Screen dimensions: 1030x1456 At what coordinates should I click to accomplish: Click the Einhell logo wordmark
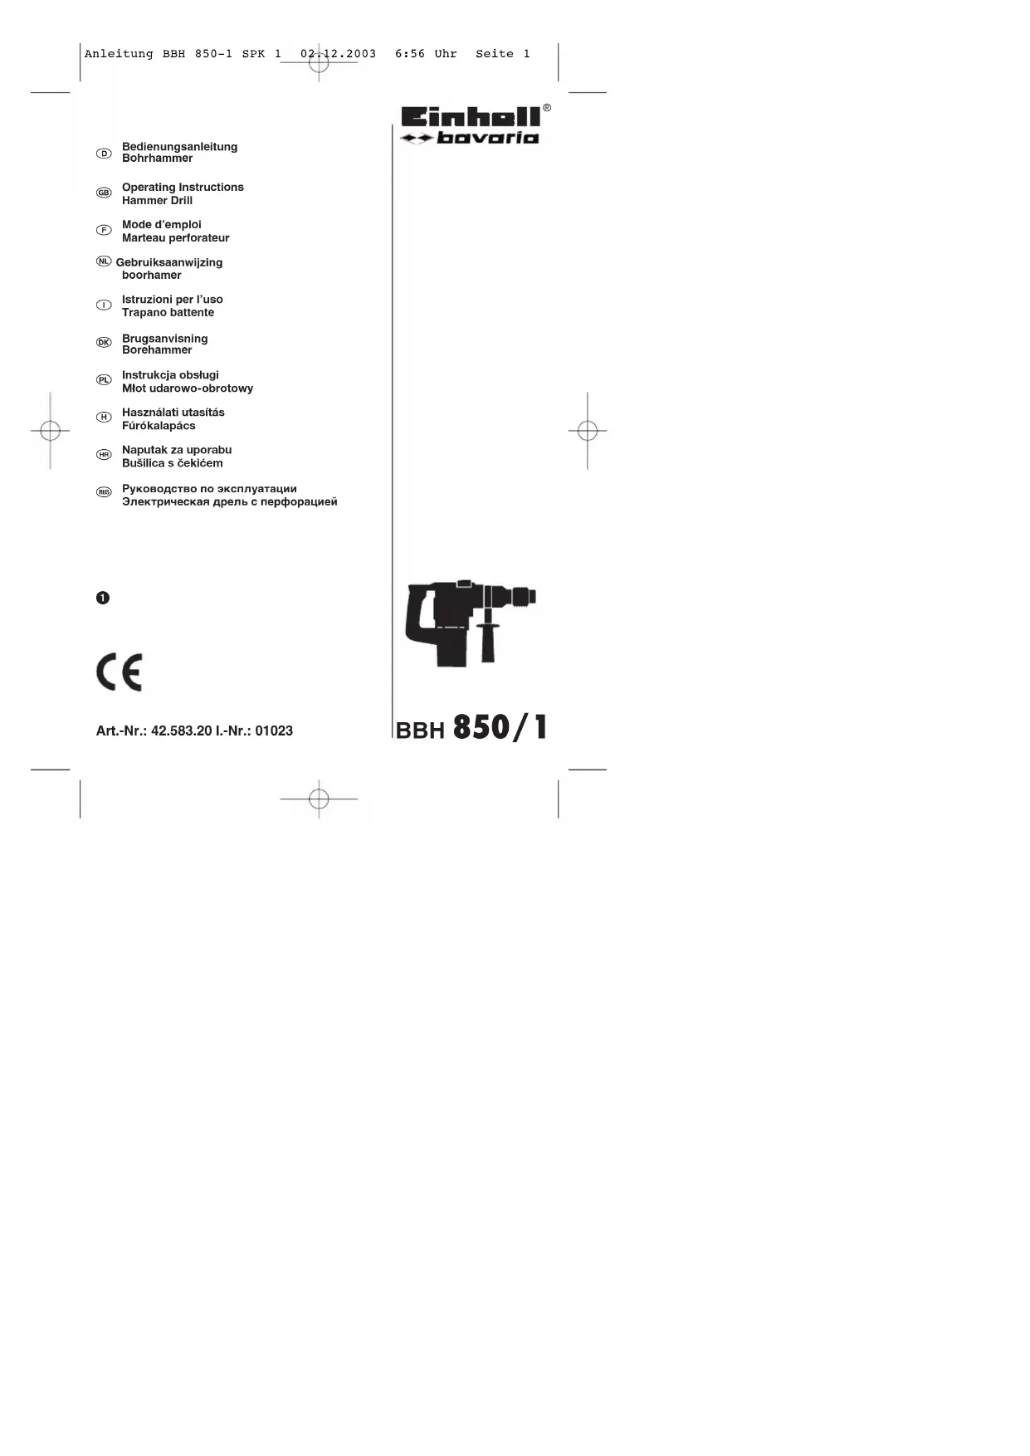pos(470,117)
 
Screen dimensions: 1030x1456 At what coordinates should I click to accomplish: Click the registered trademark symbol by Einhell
pos(546,108)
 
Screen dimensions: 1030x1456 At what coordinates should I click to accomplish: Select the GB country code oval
pos(104,193)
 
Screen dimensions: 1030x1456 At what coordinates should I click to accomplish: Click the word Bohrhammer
pos(157,159)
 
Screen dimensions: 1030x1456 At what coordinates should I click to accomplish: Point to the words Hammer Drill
pos(157,201)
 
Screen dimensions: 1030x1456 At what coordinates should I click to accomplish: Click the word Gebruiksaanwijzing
pos(169,262)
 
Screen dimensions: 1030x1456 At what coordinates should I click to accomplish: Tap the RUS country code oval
pos(104,492)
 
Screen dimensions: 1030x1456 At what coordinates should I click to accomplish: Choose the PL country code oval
pos(104,379)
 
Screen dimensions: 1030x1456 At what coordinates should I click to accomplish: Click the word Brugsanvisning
pos(164,339)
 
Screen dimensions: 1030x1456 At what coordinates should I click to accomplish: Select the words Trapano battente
pos(168,313)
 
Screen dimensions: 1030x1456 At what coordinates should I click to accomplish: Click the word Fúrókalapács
pos(159,426)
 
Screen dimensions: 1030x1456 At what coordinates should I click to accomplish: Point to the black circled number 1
pos(103,598)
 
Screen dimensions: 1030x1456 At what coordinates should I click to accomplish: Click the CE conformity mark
pos(120,672)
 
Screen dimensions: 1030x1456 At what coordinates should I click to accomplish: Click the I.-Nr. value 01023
pos(274,731)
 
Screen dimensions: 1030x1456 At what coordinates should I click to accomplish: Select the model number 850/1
pos(500,727)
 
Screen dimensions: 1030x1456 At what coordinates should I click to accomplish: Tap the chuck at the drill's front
pos(522,596)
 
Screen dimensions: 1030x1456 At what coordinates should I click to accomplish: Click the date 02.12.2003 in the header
pos(338,54)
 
